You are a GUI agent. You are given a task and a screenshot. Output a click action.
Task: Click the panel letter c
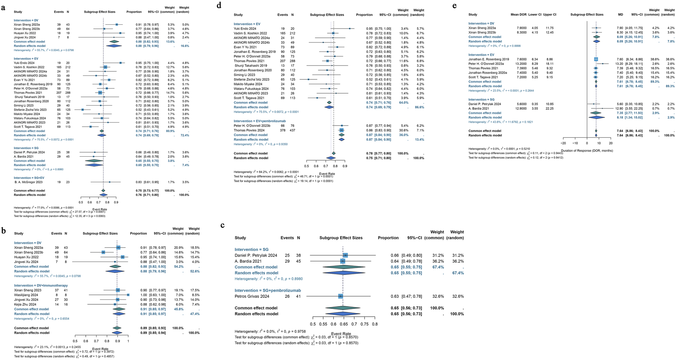click(222, 225)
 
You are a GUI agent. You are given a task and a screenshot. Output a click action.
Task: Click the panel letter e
click(454, 6)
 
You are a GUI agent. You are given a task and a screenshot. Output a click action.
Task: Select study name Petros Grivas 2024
click(252, 296)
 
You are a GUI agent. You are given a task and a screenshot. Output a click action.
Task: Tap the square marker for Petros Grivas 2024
click(341, 296)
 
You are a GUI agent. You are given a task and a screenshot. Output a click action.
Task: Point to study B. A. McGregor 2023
click(28, 182)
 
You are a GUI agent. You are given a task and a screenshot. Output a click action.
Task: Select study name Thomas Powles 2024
click(249, 130)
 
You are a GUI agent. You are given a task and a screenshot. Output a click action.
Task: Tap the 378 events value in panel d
click(283, 130)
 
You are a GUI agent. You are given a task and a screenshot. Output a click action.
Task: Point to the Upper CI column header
click(549, 14)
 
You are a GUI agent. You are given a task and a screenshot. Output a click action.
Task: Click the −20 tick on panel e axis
click(563, 143)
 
